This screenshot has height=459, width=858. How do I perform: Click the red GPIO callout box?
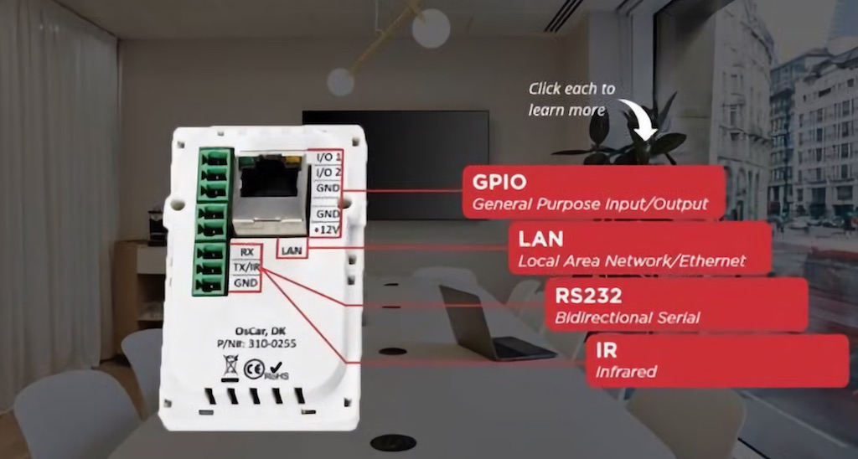pyautogui.click(x=593, y=191)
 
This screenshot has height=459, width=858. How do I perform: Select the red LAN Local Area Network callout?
pyautogui.click(x=639, y=248)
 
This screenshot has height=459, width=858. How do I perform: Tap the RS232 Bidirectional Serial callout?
pyautogui.click(x=676, y=304)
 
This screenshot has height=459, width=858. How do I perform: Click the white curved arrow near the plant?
pyautogui.click(x=638, y=116)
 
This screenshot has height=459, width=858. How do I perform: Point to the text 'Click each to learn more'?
pyautogui.click(x=571, y=99)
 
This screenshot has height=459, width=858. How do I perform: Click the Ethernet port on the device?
pyautogui.click(x=271, y=194)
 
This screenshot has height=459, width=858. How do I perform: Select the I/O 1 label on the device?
pyautogui.click(x=328, y=157)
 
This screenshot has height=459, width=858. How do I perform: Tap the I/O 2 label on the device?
pyautogui.click(x=328, y=172)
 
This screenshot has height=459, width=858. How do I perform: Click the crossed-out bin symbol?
pyautogui.click(x=229, y=364)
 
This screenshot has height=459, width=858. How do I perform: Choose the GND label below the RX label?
pyautogui.click(x=246, y=282)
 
